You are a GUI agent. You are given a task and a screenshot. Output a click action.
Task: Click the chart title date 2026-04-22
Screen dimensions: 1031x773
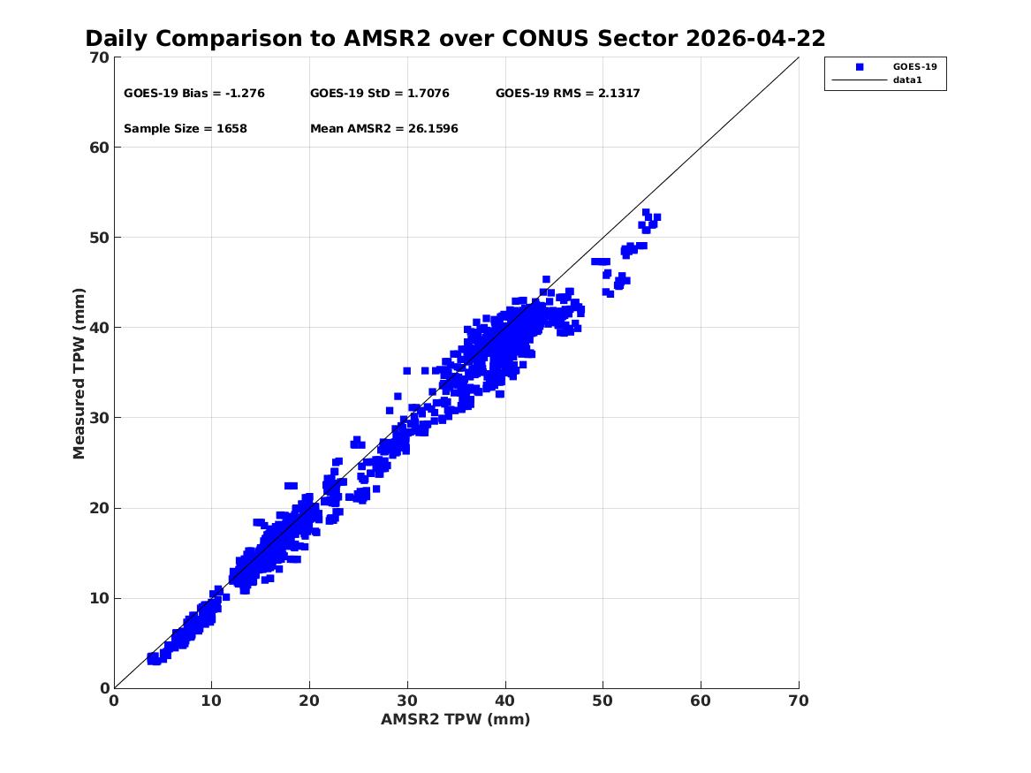(x=754, y=39)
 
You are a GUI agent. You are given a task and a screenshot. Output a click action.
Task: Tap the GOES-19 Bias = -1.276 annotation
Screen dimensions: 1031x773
(x=194, y=94)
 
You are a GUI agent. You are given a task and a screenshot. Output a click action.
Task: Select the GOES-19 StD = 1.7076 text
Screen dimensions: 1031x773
(x=379, y=94)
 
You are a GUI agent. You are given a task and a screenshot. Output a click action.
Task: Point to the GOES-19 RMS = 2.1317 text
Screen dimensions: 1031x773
(x=567, y=94)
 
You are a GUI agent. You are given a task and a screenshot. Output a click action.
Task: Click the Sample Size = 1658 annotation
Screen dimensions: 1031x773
(x=186, y=129)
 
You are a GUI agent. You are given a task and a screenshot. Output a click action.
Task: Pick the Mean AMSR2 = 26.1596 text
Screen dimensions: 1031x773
(x=384, y=129)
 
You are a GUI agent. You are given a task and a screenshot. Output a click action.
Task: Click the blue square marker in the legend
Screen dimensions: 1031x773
(x=860, y=67)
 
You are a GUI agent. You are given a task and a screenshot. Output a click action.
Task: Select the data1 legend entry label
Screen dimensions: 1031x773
(x=907, y=80)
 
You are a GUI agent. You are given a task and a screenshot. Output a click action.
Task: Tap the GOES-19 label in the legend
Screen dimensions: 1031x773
(x=914, y=67)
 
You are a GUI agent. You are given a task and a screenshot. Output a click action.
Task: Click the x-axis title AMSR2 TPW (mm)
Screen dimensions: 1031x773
(x=456, y=720)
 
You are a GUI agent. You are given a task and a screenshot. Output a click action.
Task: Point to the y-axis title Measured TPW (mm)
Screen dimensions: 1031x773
(x=80, y=374)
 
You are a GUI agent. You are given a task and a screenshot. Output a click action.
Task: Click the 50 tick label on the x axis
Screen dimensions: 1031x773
(x=603, y=701)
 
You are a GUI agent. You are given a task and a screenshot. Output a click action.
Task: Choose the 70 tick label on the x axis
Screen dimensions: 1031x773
(x=799, y=701)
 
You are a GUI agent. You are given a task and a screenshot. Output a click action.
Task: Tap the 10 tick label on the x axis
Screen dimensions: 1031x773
(x=211, y=701)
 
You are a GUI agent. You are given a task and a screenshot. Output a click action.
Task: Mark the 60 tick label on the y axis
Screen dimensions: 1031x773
(x=99, y=148)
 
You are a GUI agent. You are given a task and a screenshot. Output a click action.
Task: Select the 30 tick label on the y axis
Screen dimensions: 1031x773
(x=99, y=418)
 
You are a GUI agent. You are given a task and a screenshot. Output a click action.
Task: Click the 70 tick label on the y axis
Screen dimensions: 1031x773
(x=99, y=57)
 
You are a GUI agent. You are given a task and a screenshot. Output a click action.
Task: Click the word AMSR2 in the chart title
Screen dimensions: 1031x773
(x=387, y=39)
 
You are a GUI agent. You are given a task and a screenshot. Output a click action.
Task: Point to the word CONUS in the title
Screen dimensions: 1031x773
(x=545, y=39)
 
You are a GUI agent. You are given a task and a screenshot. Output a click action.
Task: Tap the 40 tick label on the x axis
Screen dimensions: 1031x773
(x=505, y=701)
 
